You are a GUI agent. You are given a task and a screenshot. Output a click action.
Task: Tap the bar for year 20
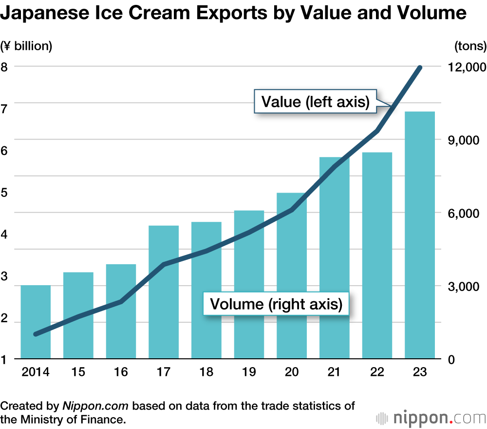(292, 275)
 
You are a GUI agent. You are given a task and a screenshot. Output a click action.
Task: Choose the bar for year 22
(377, 255)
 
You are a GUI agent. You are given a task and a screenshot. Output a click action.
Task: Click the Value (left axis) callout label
(316, 102)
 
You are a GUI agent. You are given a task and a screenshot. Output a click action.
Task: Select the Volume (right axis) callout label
(276, 304)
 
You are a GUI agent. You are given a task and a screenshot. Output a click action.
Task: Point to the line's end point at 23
(420, 68)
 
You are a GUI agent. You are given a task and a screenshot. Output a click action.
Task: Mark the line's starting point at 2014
(36, 334)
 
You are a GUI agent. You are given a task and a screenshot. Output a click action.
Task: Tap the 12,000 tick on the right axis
(466, 67)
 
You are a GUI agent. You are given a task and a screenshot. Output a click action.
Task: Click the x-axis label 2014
(36, 372)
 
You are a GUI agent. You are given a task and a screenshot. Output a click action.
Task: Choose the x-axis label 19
(249, 372)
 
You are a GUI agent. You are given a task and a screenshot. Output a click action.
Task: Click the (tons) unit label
(470, 46)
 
